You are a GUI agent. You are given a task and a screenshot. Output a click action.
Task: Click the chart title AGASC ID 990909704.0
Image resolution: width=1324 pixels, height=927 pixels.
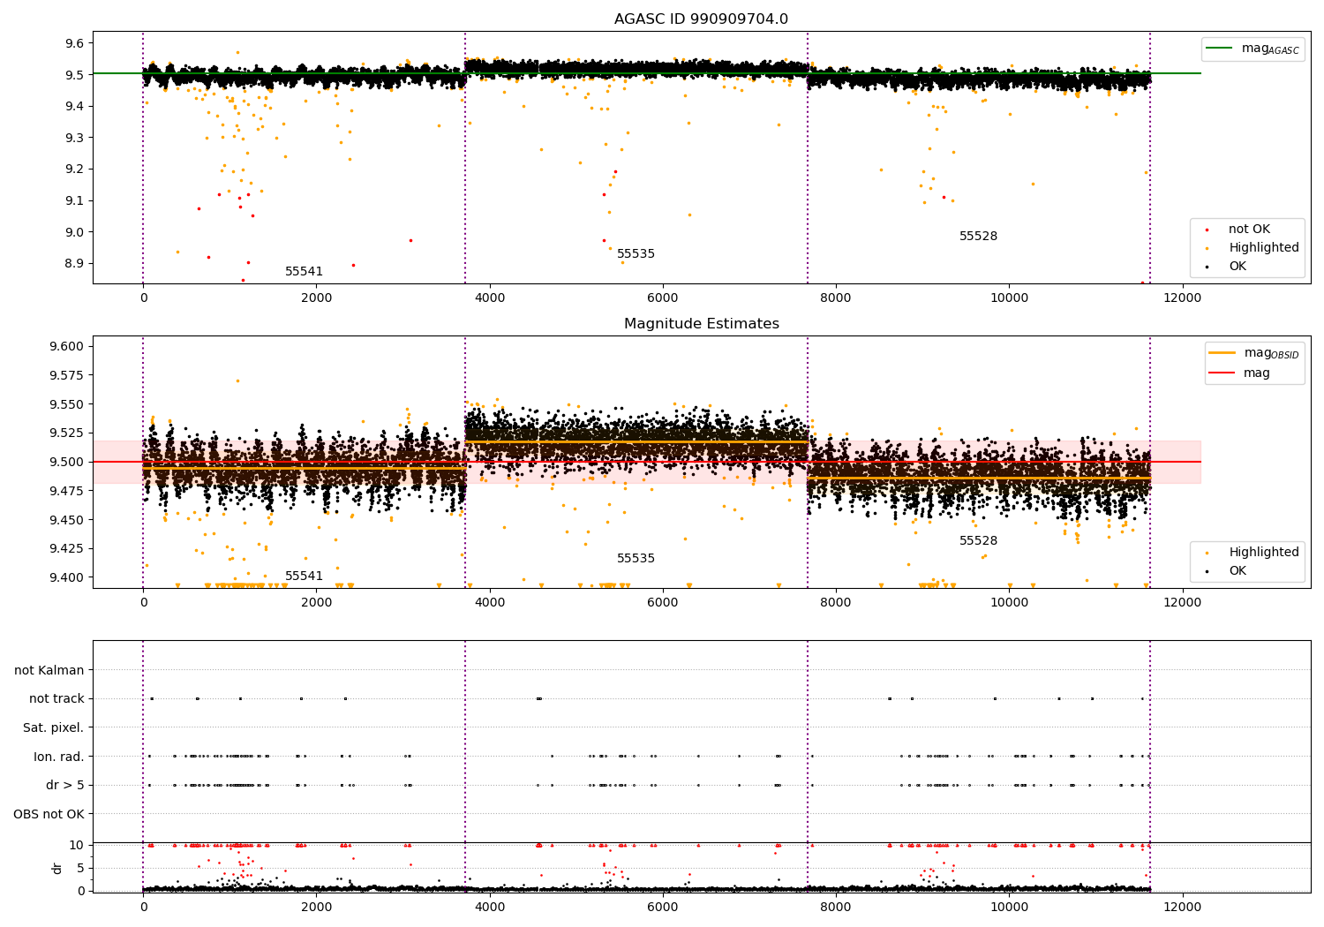701,19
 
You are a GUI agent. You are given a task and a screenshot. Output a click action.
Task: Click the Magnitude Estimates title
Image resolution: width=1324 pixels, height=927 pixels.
701,324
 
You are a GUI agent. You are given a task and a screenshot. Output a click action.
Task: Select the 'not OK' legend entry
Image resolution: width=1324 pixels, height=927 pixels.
1249,230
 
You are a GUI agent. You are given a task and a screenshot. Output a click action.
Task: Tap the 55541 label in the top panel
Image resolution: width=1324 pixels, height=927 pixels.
304,272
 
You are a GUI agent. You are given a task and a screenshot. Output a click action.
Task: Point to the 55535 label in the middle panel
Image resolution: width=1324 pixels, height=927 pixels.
636,559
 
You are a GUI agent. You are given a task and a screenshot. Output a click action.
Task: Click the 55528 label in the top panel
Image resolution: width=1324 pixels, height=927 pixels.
978,237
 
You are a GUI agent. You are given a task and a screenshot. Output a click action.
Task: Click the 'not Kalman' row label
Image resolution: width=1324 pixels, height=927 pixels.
49,670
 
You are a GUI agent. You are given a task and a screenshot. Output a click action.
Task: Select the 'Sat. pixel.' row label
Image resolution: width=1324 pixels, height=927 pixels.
53,727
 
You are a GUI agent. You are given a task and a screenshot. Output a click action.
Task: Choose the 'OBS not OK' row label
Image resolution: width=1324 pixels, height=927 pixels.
49,814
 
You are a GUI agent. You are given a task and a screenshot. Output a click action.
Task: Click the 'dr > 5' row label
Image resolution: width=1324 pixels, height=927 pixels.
65,785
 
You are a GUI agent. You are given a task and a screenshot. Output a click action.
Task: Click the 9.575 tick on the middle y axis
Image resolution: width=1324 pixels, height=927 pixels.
67,375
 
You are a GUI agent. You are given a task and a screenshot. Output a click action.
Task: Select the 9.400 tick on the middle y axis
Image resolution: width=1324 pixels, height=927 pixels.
67,577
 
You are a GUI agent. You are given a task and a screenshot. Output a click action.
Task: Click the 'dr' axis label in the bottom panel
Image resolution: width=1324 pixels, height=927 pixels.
57,868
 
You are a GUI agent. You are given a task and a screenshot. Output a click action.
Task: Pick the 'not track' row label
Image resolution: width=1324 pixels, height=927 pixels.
56,698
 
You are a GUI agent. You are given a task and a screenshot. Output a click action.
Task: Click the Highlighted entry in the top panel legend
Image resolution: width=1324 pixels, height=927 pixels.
1263,248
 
